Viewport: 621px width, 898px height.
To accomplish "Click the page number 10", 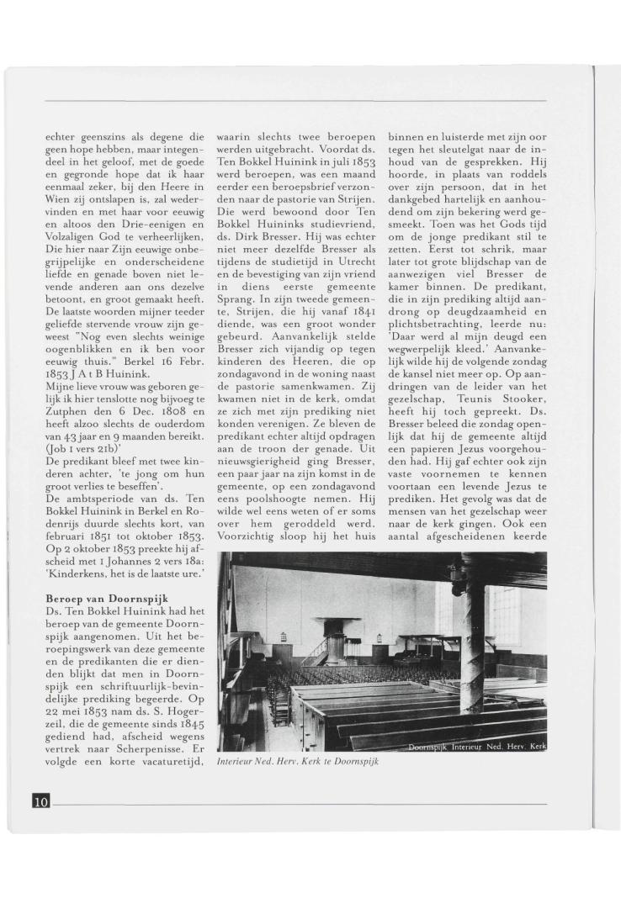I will (x=41, y=801).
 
